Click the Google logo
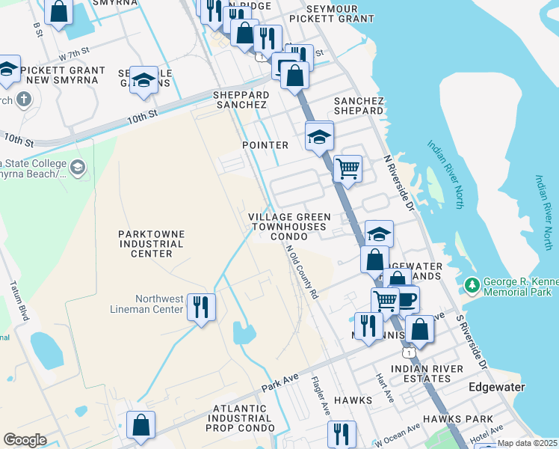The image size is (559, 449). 25,440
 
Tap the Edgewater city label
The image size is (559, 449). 496,387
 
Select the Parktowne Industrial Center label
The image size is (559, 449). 151,244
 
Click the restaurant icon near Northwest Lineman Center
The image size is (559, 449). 200,307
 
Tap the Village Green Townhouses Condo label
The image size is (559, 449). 288,226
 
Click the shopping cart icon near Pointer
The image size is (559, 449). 348,168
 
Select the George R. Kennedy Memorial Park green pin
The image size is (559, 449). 472,285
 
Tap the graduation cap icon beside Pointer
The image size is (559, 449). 319,136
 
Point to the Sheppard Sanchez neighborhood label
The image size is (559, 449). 241,100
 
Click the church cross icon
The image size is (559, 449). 24,98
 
